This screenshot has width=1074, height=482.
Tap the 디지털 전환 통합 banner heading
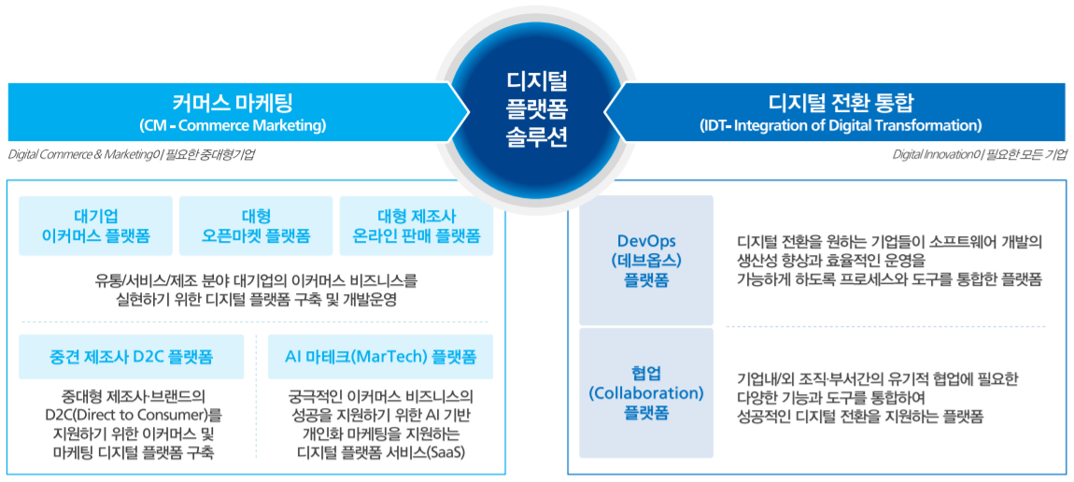click(x=841, y=102)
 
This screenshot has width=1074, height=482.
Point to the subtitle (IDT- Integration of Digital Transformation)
click(x=841, y=125)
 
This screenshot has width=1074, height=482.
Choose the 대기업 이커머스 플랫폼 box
click(x=95, y=226)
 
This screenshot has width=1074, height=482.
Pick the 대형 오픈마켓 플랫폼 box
click(x=256, y=226)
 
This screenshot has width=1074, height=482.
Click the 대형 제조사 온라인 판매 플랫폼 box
click(x=417, y=226)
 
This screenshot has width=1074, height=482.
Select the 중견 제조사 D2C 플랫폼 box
click(x=132, y=357)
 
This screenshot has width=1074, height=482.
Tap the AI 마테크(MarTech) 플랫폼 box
click(x=380, y=357)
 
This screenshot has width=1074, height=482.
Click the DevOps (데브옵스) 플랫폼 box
click(x=646, y=261)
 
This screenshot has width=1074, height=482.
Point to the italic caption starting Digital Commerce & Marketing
click(x=132, y=155)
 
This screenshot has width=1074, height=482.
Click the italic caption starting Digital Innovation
click(x=979, y=155)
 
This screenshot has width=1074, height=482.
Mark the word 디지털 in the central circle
click(x=537, y=80)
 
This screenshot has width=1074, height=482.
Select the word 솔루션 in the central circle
click(x=537, y=136)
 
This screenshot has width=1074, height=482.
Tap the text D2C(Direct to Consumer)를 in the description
click(x=132, y=415)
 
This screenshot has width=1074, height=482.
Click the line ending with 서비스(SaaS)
click(x=380, y=453)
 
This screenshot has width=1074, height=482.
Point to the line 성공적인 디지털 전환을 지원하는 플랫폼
click(x=860, y=417)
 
